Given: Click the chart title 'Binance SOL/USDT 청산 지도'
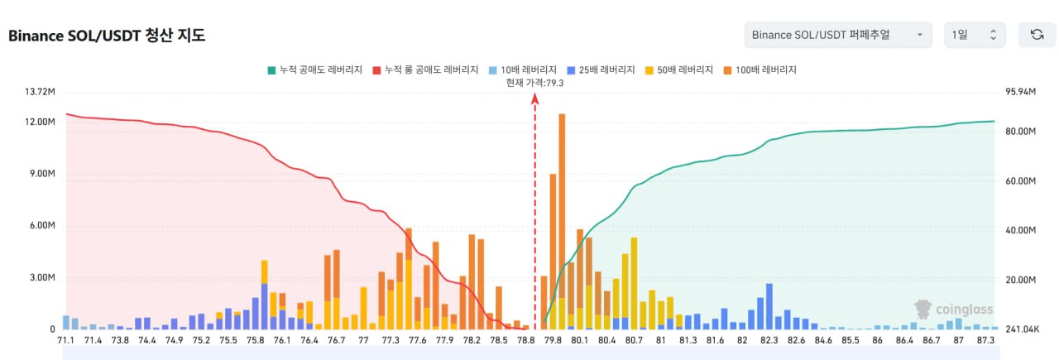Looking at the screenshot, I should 107,35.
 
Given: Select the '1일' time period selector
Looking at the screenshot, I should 975,35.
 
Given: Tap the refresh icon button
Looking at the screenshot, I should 1037,35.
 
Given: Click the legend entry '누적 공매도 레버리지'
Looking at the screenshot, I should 314,70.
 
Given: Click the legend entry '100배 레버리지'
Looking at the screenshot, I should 760,70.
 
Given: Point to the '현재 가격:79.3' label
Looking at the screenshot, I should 535,83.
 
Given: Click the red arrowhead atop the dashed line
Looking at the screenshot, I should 535,98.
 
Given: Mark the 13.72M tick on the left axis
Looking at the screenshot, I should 40,91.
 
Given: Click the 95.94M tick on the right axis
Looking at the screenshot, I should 1020,91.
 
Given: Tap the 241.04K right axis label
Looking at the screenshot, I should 1021,329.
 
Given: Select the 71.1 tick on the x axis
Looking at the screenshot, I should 67,340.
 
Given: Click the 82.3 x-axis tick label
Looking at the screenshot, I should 769,340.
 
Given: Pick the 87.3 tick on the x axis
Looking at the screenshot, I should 985,340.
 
